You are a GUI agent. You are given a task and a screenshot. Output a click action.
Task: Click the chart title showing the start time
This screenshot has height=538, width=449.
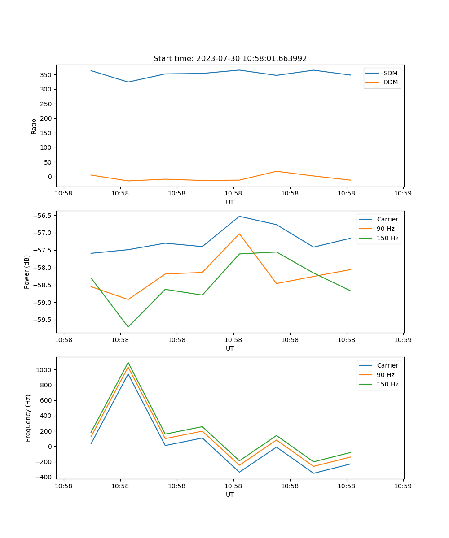[x=230, y=59]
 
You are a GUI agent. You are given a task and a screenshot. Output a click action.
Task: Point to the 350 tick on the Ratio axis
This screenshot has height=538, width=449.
[x=47, y=75]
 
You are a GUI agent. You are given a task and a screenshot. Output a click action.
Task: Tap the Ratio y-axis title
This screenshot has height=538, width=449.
[x=34, y=126]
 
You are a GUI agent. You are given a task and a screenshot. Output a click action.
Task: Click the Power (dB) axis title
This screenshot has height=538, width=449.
[x=27, y=272]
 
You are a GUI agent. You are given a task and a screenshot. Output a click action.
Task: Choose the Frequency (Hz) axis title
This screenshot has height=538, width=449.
[x=28, y=418]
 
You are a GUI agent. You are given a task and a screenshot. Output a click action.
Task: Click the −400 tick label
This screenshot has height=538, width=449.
[x=44, y=477]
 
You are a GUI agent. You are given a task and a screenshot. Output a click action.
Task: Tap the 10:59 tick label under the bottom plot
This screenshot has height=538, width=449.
[x=403, y=486]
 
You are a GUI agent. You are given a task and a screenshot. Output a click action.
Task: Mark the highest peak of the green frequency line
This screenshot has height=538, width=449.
[x=128, y=363]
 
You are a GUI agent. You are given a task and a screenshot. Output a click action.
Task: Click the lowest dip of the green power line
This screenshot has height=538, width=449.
[x=128, y=327]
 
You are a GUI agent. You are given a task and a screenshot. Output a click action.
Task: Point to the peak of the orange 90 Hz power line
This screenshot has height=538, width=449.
[x=239, y=234]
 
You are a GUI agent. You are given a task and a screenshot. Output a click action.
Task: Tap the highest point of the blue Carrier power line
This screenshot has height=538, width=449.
[x=239, y=217]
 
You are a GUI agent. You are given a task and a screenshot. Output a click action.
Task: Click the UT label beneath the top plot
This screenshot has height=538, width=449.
[x=230, y=202]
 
